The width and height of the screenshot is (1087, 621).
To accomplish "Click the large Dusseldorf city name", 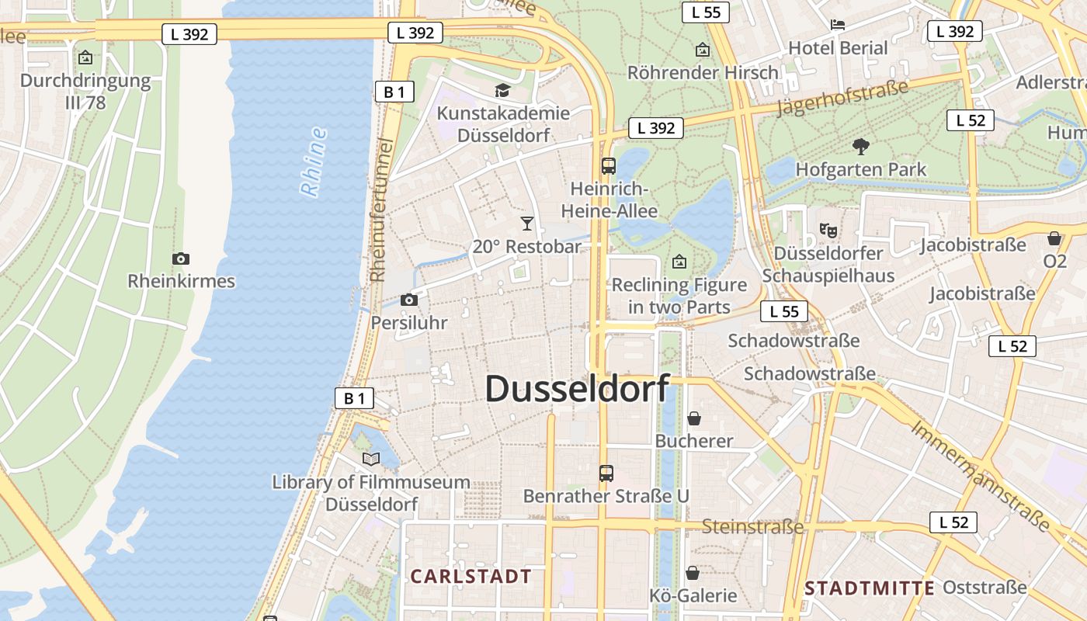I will (577, 389).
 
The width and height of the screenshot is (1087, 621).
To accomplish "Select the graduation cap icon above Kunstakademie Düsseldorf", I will (502, 91).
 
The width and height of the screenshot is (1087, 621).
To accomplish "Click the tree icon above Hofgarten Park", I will (860, 146).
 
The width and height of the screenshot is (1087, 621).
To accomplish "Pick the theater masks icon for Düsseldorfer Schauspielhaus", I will (828, 230).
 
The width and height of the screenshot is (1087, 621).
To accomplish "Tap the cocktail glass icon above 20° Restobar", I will (527, 224).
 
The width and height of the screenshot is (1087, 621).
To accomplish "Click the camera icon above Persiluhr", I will (409, 300).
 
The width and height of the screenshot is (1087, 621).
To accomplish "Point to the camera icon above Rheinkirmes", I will (181, 258).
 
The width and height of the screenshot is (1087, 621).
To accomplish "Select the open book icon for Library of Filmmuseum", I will (371, 459).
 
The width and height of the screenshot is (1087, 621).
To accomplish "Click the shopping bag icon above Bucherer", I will (693, 418).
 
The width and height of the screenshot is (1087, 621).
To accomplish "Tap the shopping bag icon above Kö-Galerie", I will (693, 573).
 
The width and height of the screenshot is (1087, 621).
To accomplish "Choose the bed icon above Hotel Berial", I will (838, 25).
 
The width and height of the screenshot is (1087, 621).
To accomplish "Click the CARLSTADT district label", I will (471, 576).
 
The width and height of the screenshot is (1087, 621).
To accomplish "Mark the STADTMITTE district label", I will (870, 588).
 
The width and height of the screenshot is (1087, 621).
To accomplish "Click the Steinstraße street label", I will (752, 527).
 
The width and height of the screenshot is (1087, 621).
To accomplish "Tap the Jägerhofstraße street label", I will (842, 98).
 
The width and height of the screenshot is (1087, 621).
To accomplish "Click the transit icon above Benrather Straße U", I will (606, 473).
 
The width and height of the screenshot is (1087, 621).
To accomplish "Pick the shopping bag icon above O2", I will (1054, 238).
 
